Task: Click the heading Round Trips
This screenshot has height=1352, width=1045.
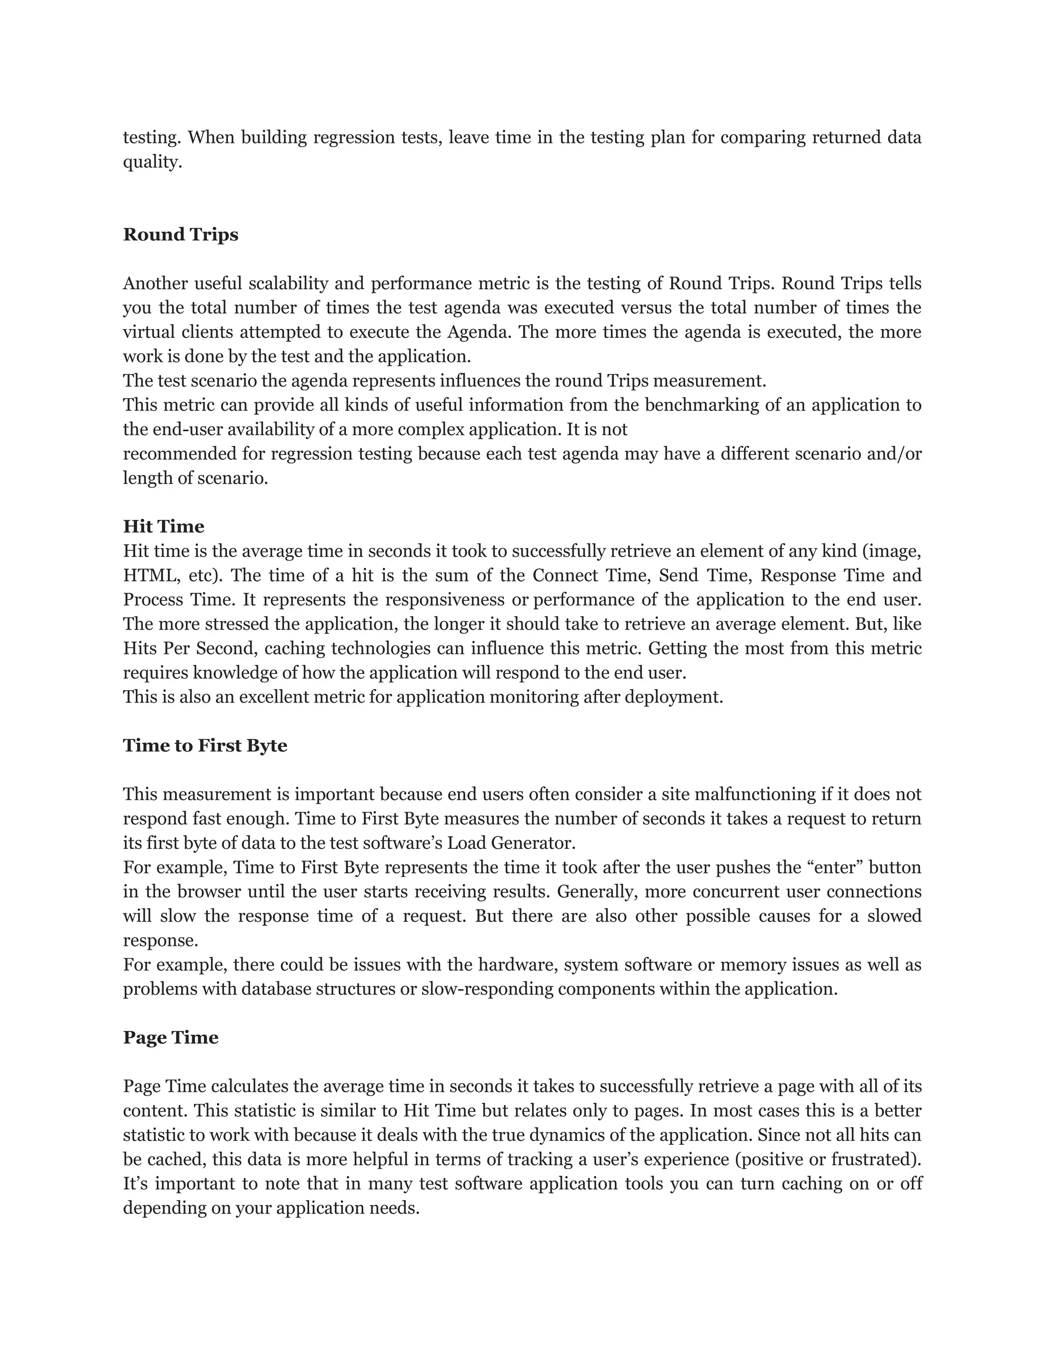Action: (180, 235)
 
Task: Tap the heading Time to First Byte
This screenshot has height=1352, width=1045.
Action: (205, 745)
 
